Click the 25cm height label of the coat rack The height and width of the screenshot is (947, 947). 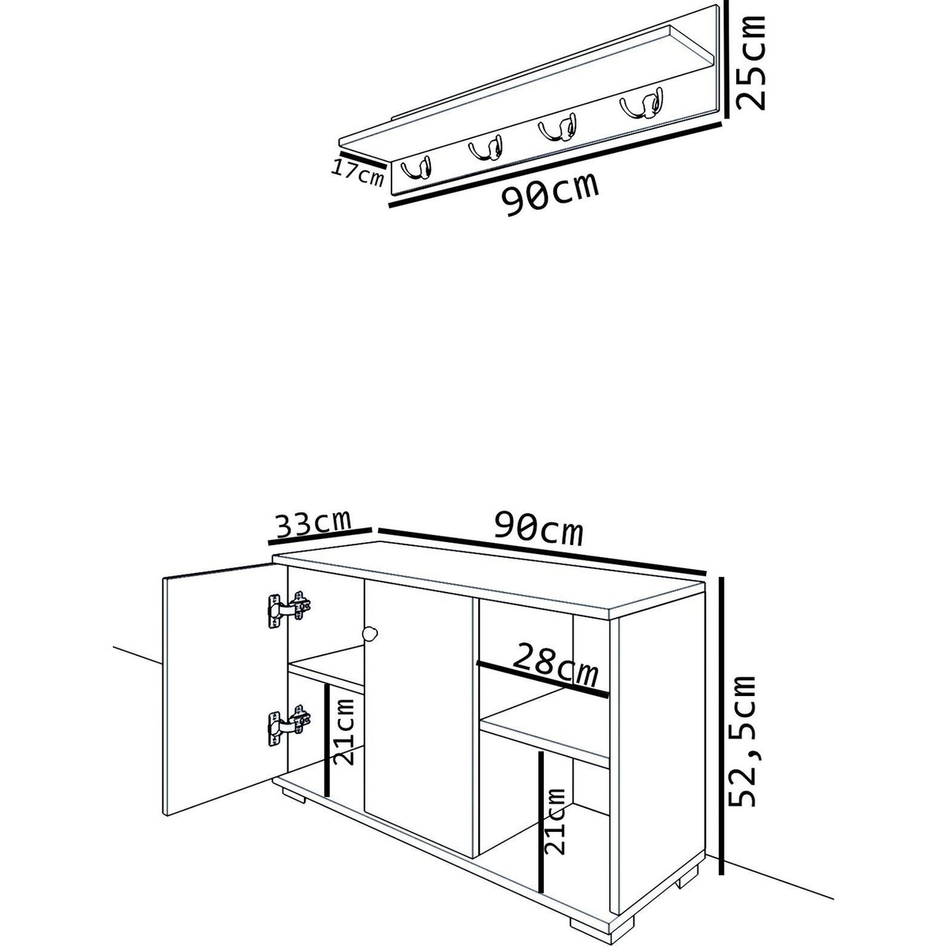[x=752, y=63]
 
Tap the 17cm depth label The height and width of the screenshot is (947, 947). [x=357, y=173]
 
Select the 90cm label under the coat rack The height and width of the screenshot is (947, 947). [x=550, y=193]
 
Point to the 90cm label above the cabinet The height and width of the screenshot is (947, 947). [x=539, y=527]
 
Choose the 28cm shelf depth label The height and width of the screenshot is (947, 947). [x=556, y=664]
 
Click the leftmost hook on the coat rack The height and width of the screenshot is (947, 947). [x=417, y=169]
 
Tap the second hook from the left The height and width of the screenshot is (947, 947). [x=486, y=148]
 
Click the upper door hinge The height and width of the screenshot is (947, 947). [x=290, y=609]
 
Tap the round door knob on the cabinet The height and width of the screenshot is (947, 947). [x=370, y=634]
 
